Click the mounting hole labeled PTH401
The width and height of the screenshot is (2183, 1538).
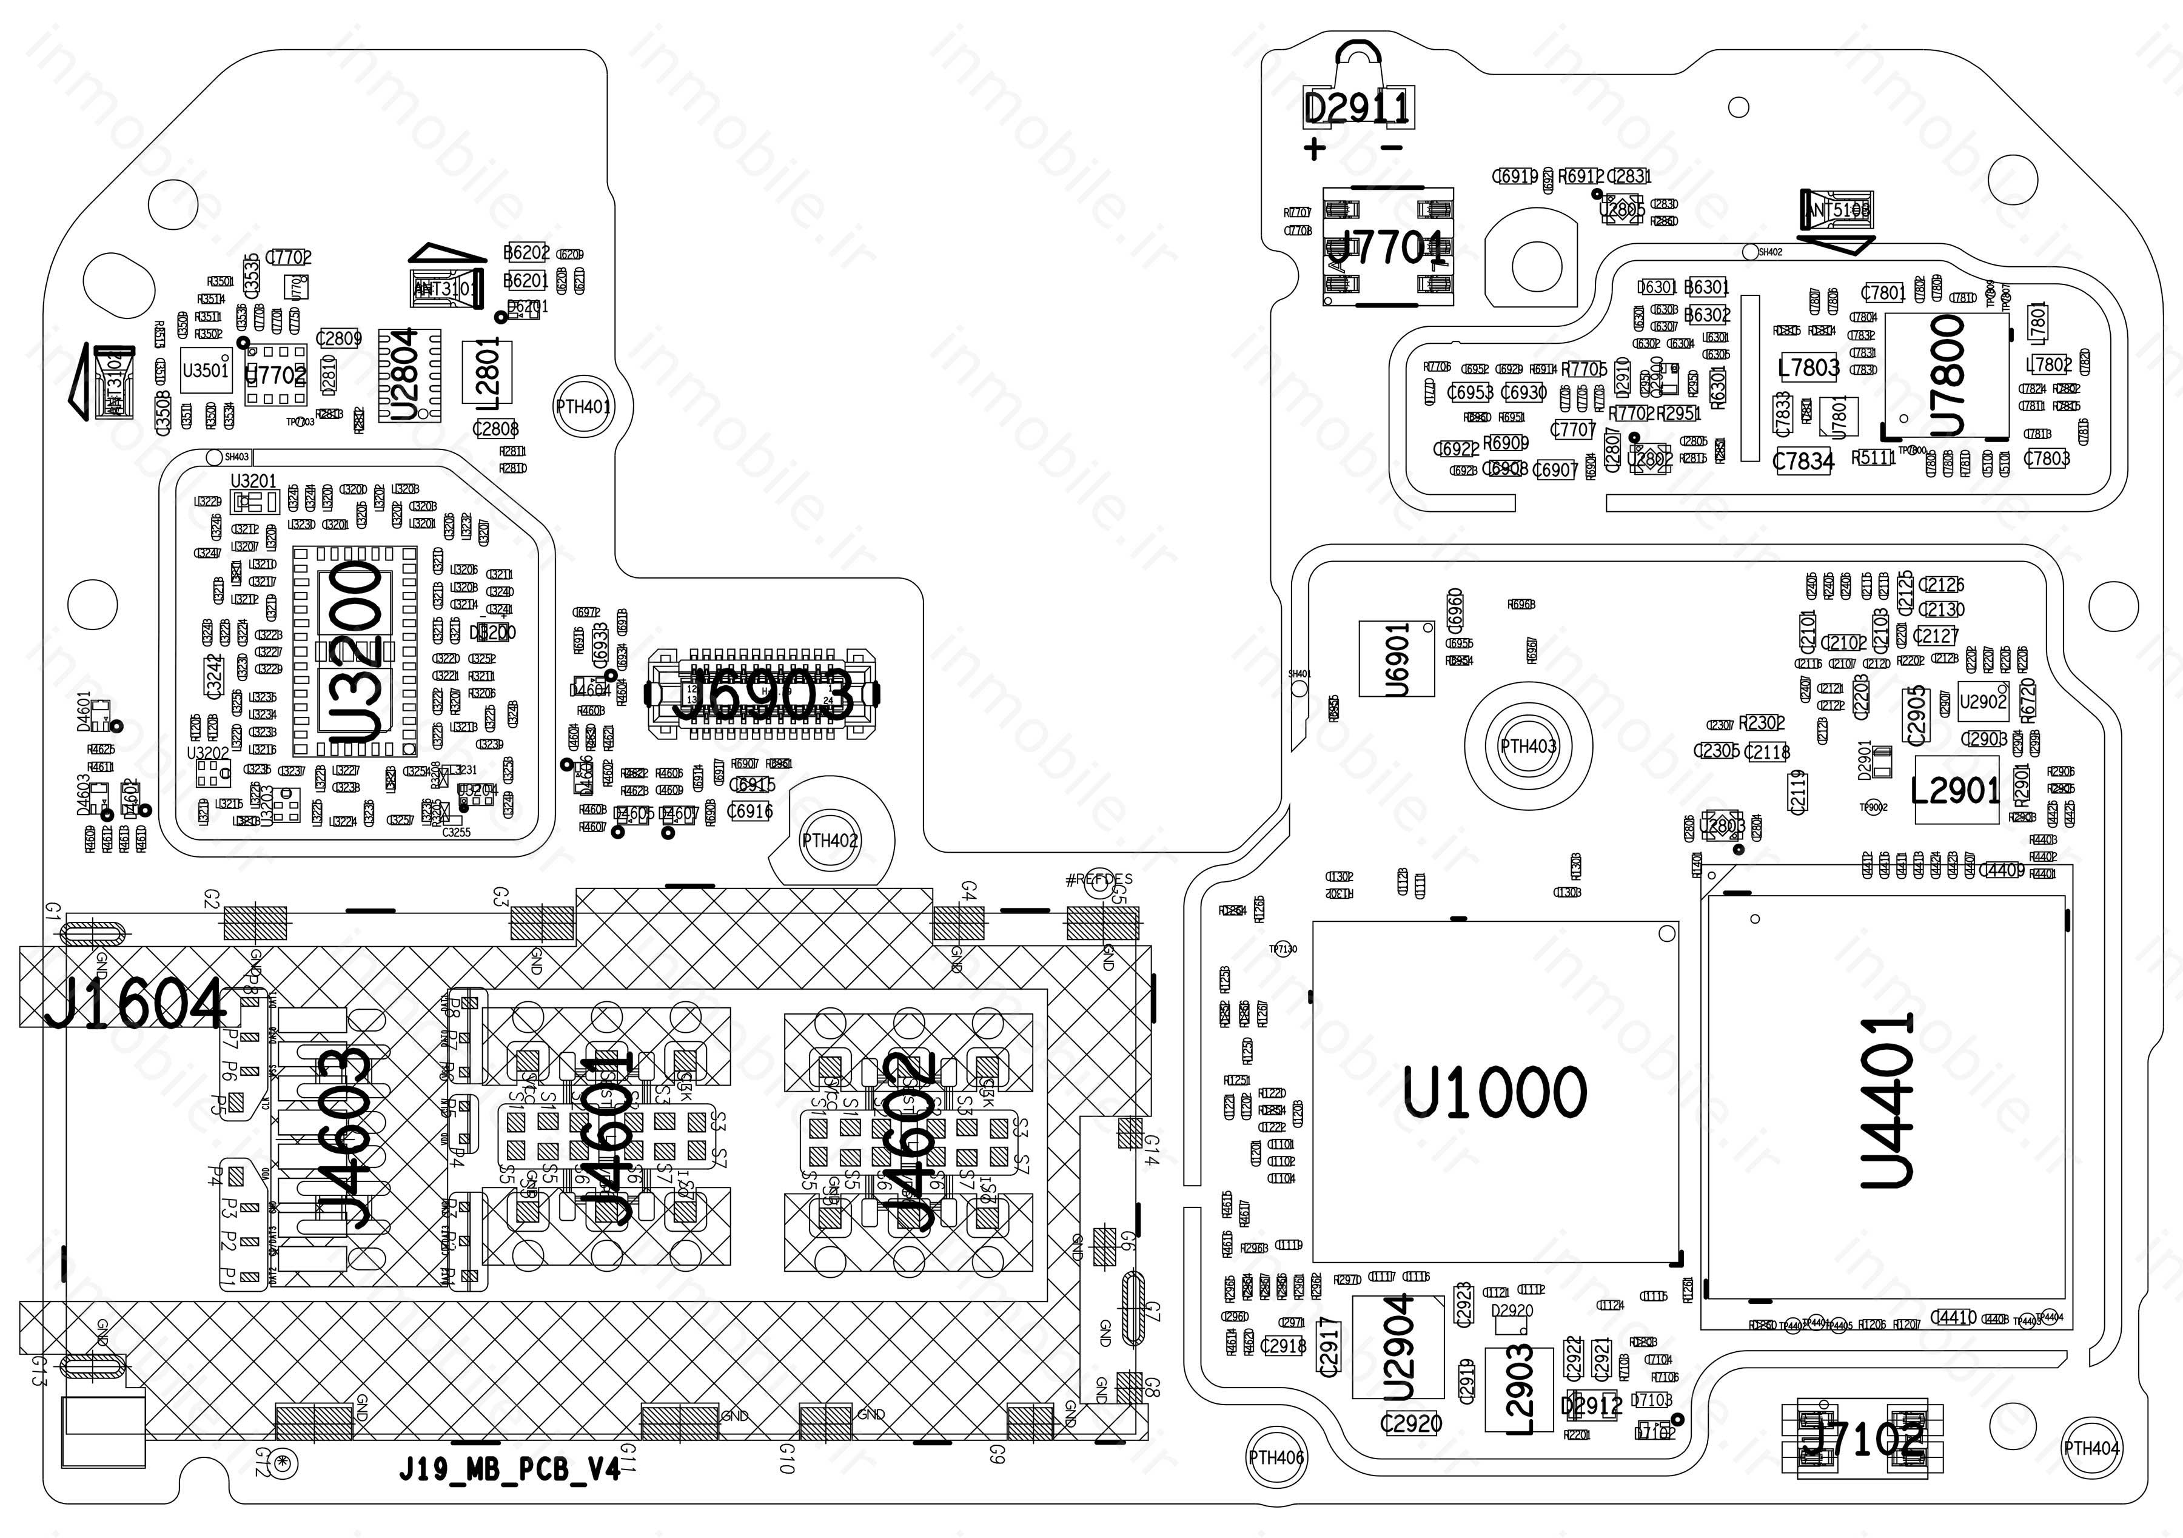583,407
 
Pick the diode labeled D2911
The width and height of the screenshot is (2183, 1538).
1356,109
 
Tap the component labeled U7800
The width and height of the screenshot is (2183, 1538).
1947,374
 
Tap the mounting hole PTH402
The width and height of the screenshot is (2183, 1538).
830,841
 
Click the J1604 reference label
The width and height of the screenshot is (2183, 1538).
135,1004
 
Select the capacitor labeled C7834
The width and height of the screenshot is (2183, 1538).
1803,462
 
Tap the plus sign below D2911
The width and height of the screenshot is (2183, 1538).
1314,149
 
